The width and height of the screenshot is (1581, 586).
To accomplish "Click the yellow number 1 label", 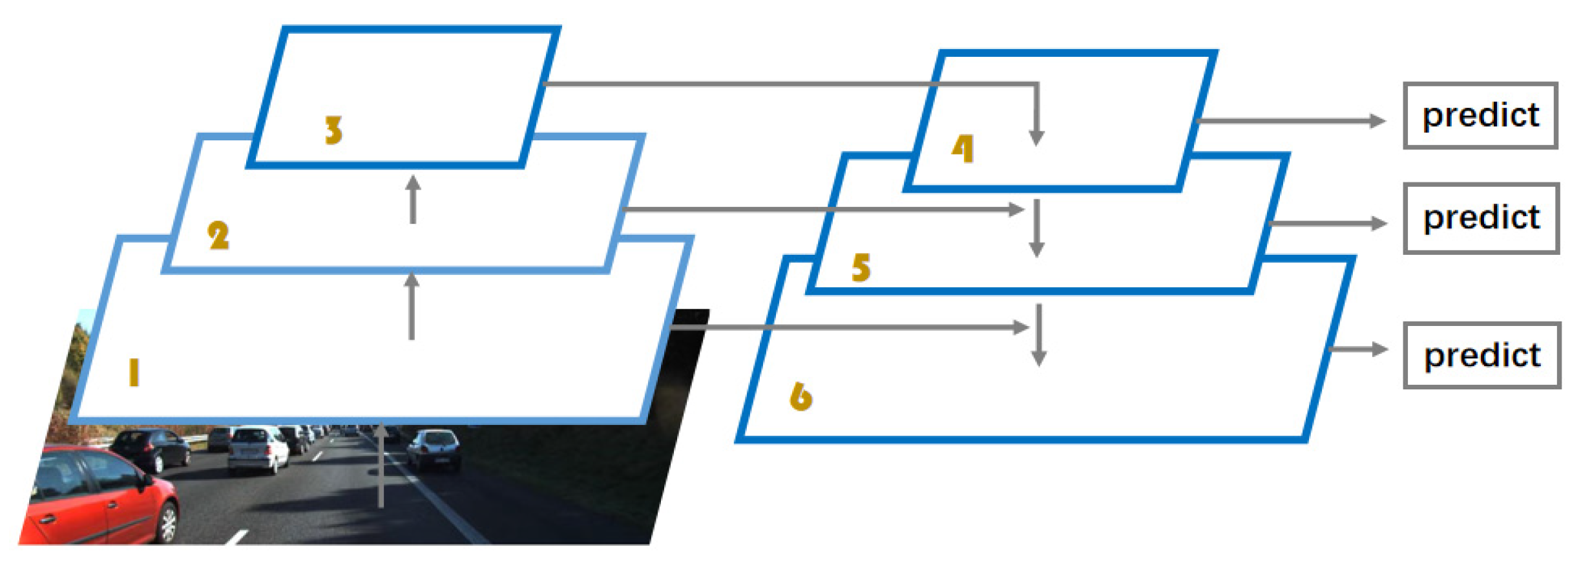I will (134, 373).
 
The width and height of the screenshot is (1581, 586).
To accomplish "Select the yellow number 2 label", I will (218, 235).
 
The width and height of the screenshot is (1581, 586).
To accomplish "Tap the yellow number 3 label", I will (333, 130).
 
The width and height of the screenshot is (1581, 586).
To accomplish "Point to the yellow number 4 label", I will (962, 149).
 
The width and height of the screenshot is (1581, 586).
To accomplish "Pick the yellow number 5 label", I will (861, 267).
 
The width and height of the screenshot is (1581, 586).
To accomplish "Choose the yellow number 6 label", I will (801, 396).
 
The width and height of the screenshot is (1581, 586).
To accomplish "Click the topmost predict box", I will (1480, 116).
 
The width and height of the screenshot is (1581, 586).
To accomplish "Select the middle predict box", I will (1481, 218).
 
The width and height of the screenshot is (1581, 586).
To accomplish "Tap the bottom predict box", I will (1482, 355).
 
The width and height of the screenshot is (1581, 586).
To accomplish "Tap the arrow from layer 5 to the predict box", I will (1328, 224).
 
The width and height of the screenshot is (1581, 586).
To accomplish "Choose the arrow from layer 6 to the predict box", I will (1357, 349).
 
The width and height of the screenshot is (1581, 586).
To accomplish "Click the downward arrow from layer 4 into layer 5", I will (1036, 228).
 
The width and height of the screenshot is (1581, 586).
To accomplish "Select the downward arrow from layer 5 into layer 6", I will (1038, 334).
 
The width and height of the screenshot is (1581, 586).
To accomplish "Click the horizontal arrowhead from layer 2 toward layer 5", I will (1016, 209).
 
